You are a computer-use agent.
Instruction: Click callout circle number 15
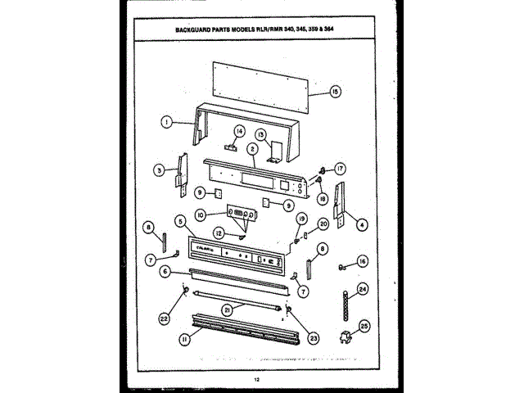click(x=335, y=92)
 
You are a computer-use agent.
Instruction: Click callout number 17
click(x=340, y=169)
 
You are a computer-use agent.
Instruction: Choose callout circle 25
click(x=364, y=325)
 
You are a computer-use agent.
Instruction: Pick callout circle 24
click(x=363, y=288)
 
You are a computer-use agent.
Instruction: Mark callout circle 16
click(x=363, y=262)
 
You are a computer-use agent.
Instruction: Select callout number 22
click(x=165, y=318)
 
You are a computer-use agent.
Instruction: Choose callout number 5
click(x=179, y=220)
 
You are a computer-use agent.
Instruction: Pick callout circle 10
click(x=201, y=215)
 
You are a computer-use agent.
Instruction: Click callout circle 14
click(x=241, y=131)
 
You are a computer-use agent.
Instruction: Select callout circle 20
click(x=323, y=223)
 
